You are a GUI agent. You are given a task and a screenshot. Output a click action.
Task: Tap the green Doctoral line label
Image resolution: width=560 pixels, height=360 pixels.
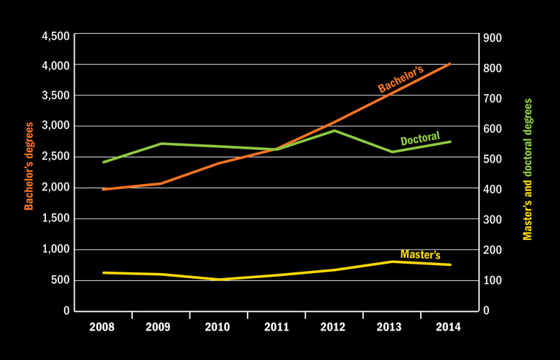tap(420, 139)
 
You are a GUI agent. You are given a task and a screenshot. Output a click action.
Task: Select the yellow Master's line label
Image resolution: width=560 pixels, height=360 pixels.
tap(420, 254)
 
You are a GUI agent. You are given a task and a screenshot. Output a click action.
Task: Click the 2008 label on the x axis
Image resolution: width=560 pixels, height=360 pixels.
tap(103, 327)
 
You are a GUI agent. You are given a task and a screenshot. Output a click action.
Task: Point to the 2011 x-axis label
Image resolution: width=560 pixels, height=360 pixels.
tap(276, 327)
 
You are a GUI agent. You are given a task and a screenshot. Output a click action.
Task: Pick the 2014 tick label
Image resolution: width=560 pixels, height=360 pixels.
tap(449, 327)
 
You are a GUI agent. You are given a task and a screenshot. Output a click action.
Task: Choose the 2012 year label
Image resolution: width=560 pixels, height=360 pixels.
tap(334, 327)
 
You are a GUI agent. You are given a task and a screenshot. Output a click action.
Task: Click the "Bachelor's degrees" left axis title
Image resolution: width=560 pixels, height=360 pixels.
tap(29, 166)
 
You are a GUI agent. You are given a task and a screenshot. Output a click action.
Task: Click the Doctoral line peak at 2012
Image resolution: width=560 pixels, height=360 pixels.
tap(334, 130)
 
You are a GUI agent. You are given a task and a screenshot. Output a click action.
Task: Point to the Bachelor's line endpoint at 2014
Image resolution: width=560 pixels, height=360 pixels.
tap(449, 64)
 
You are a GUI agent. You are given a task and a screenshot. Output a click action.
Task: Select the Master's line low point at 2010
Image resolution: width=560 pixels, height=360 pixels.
tap(218, 279)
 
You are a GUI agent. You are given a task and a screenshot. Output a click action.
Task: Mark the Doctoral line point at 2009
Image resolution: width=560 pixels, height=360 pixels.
tap(161, 144)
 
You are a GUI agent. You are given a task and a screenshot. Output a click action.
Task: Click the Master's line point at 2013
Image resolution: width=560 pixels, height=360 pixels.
tap(392, 262)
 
